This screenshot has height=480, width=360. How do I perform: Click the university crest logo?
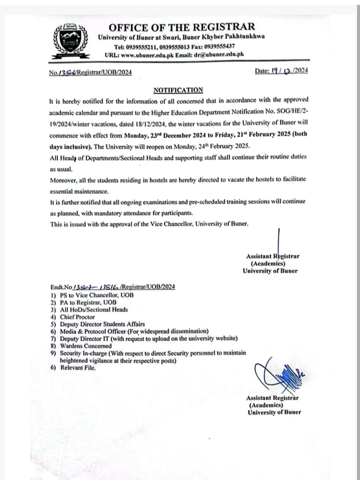[69, 41]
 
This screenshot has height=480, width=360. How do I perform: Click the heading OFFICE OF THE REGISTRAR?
[181, 27]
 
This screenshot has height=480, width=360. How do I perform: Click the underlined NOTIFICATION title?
[178, 90]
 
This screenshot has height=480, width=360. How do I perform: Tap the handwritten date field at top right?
[281, 71]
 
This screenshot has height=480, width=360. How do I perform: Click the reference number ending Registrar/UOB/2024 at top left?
[90, 73]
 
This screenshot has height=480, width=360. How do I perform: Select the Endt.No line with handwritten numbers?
[112, 287]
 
